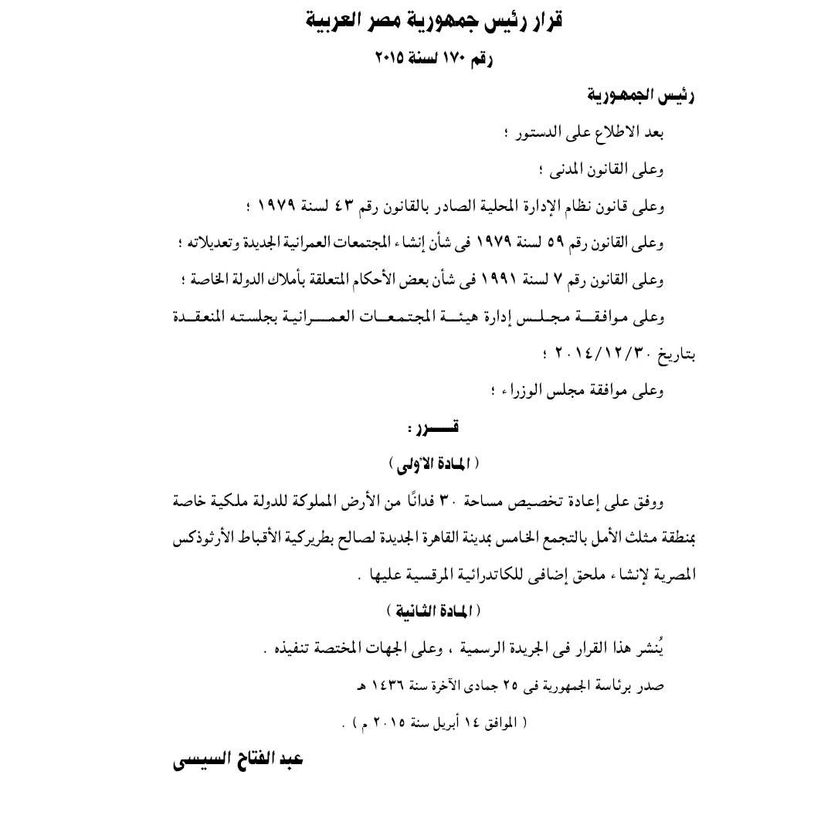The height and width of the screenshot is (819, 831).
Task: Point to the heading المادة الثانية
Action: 433,611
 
